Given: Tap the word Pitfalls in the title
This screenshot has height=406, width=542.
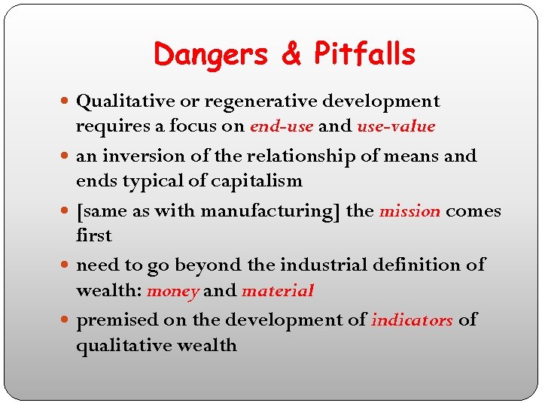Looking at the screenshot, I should coord(364,55).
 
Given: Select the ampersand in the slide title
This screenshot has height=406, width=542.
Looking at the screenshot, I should coord(291,55).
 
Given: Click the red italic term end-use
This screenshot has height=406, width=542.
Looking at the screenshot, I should coord(281,126).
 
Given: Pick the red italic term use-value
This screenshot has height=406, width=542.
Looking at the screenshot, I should coord(396,126).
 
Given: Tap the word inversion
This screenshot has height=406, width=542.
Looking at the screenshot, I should coord(145,156).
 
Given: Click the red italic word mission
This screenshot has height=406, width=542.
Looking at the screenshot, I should coord(410,211).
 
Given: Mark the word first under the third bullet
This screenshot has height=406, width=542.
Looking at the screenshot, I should coord(93,235).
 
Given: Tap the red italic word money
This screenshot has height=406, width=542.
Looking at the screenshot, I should coord(172,290).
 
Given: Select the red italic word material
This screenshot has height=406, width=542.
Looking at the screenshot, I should coord(278,290).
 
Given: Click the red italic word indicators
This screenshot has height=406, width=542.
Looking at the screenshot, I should coord(412,320).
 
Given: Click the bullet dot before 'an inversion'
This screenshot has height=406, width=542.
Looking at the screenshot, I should coord(68,156).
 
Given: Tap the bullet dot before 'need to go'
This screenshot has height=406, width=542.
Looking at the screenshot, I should coord(68,265).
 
